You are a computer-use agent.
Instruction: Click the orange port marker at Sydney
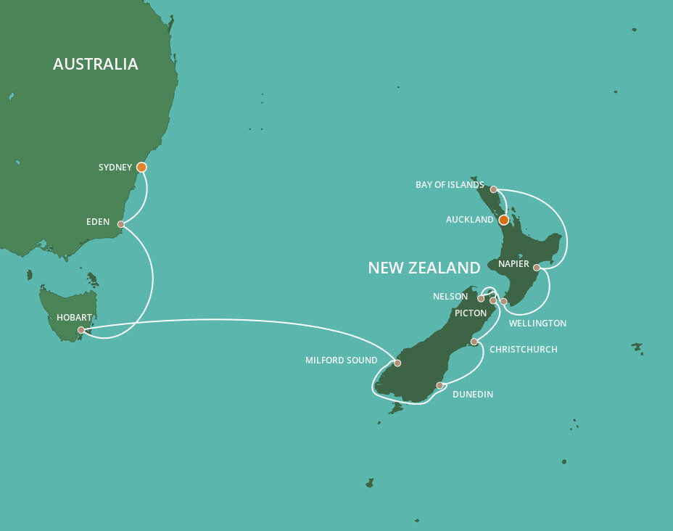(141, 167)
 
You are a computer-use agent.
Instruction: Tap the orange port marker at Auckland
(504, 219)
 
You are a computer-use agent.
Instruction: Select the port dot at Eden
(121, 224)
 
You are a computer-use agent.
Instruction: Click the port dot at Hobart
(81, 330)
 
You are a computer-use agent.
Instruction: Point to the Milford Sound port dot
(397, 363)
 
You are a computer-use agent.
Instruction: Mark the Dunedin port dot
(439, 385)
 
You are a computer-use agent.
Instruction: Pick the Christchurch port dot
(474, 342)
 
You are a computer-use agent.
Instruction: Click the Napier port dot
(537, 268)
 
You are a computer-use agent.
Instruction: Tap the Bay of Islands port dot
(493, 189)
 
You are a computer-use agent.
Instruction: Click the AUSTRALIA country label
(95, 64)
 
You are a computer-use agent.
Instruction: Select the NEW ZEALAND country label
(424, 268)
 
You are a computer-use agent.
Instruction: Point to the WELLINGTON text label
(537, 323)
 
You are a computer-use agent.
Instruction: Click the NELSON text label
(450, 297)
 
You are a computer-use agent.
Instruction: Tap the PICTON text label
(471, 313)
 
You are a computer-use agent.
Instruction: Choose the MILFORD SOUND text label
(342, 361)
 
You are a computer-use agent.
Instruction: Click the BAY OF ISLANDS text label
(449, 185)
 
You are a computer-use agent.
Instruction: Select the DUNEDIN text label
(472, 395)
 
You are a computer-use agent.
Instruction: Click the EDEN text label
(97, 222)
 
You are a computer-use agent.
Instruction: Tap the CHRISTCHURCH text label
(523, 350)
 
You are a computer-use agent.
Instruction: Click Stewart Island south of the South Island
(395, 409)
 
